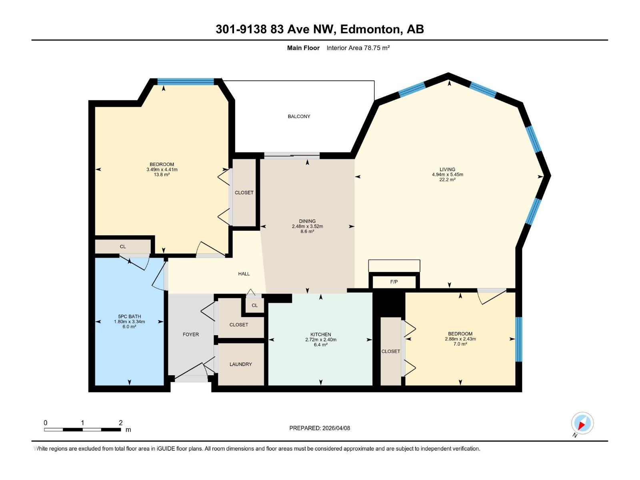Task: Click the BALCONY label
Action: pos(299,116)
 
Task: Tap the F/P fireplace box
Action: pos(394,282)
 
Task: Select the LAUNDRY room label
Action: pos(240,364)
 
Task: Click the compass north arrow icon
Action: pos(582,423)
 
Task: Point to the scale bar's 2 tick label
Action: pos(120,423)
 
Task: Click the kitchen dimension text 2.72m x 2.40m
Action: pos(321,340)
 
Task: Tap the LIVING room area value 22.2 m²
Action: pos(447,180)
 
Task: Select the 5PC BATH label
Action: pos(129,316)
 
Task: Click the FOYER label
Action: pos(191,334)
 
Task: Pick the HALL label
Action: pos(244,274)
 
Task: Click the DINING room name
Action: pos(307,221)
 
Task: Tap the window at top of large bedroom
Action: pos(186,82)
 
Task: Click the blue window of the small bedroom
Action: pos(518,339)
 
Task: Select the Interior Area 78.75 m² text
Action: pos(358,48)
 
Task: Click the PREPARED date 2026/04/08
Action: pos(336,428)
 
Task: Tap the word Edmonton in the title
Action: pos(370,29)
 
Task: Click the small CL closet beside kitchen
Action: pos(255,306)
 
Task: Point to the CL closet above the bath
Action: pos(123,246)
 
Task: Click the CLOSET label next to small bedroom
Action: pos(390,352)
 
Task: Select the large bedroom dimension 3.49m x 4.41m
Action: pos(162,170)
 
